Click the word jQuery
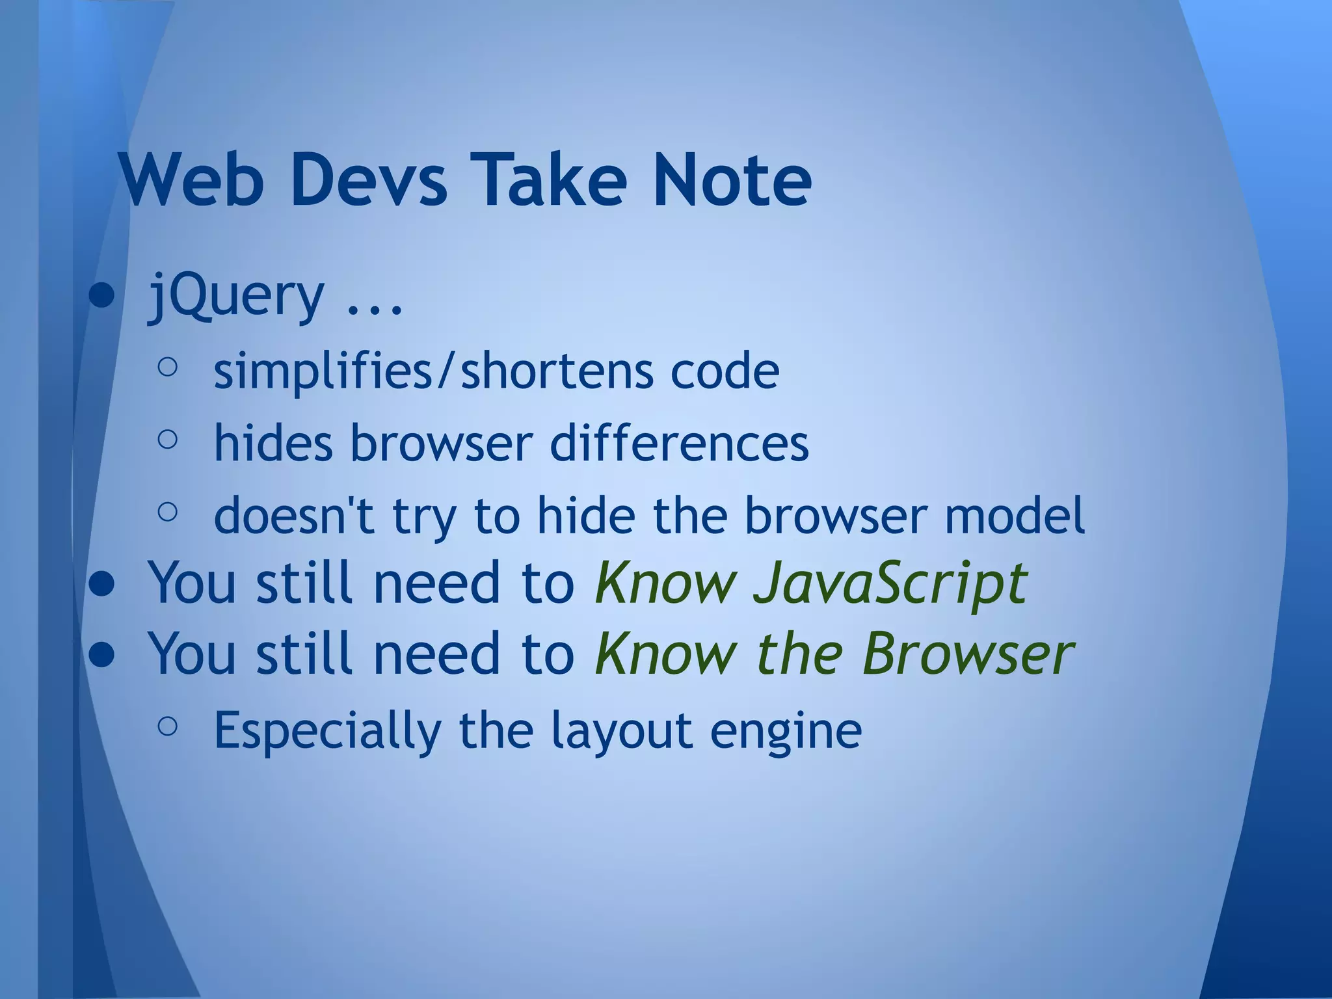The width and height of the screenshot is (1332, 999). click(x=236, y=298)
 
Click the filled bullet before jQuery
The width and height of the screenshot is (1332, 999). click(x=102, y=298)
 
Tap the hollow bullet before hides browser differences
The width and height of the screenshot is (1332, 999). click(x=167, y=440)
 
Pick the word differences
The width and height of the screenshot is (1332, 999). click(x=679, y=444)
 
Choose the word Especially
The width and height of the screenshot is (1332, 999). click(x=327, y=732)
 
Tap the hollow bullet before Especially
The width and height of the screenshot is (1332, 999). click(x=167, y=726)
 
